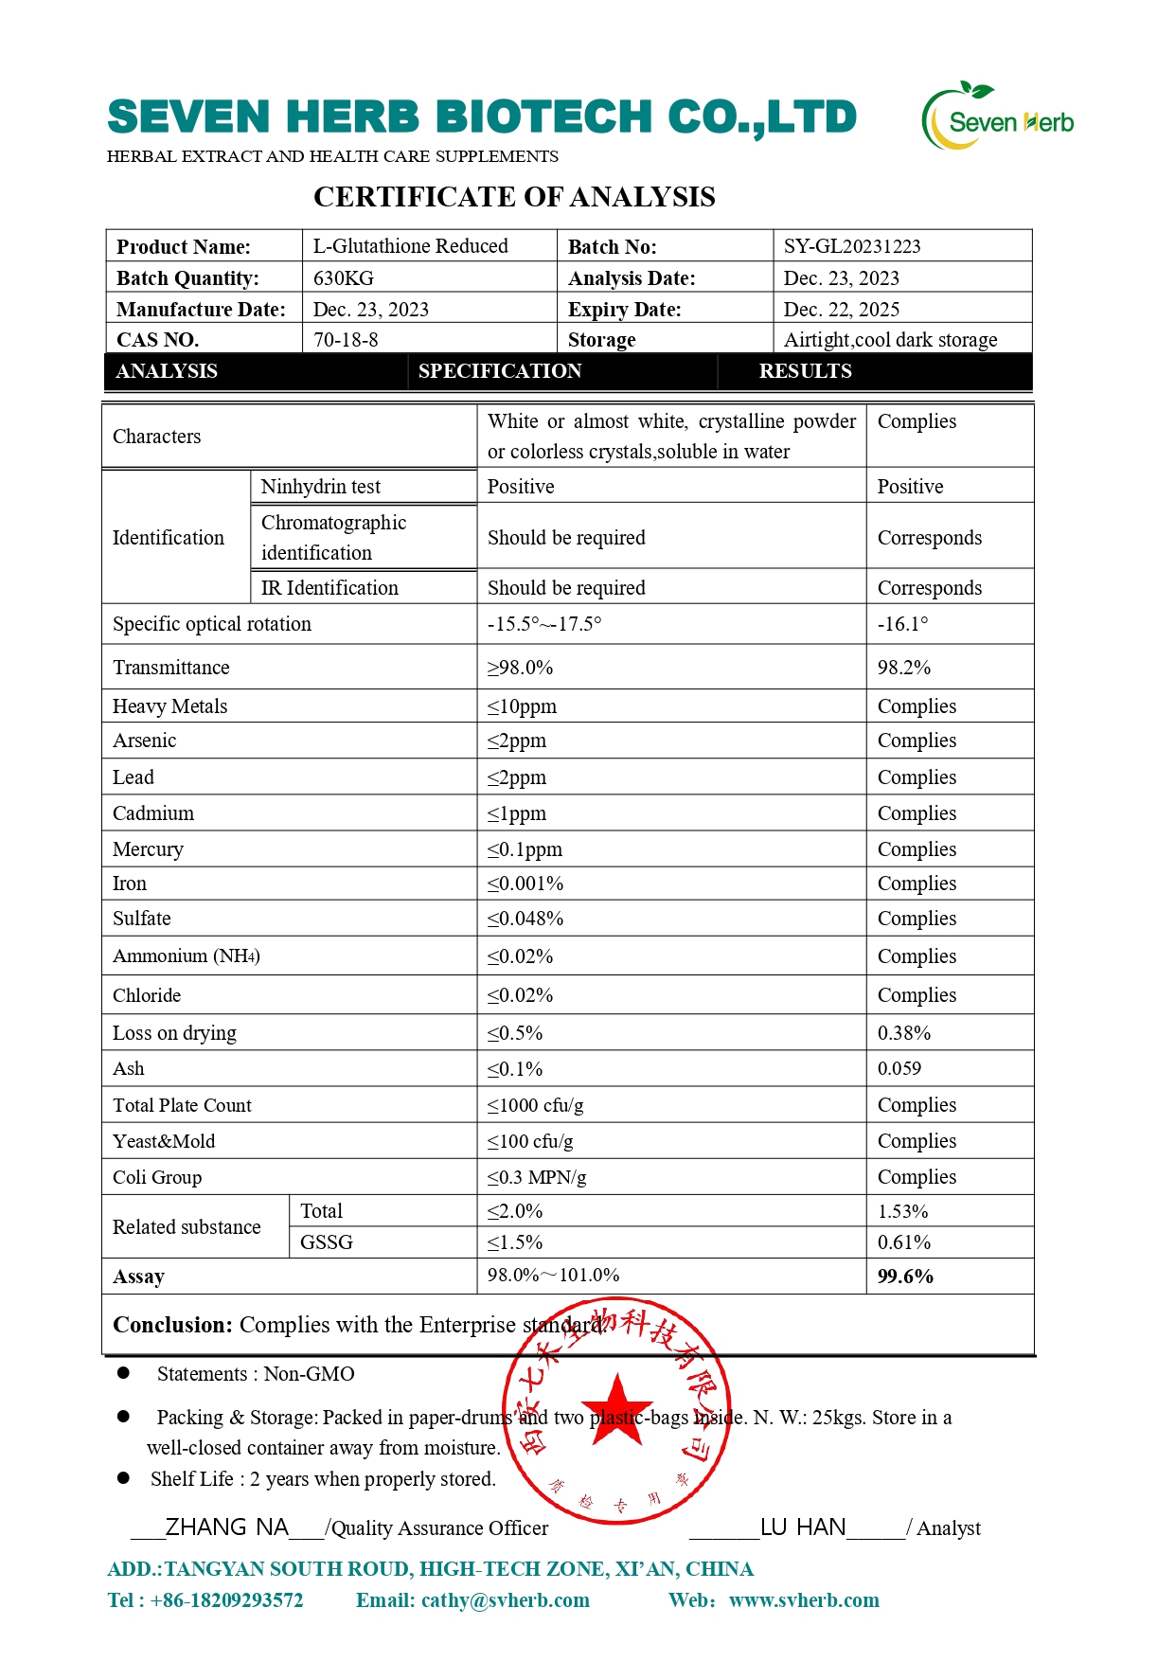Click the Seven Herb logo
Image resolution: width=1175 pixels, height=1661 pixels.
click(x=998, y=117)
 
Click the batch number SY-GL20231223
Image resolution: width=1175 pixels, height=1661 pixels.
click(x=852, y=246)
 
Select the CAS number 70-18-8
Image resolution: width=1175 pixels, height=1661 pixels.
click(x=346, y=340)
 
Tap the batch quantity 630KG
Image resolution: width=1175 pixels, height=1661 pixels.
click(x=344, y=278)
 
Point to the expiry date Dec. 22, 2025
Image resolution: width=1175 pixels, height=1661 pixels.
click(x=842, y=310)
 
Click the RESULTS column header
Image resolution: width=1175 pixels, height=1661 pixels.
click(x=805, y=371)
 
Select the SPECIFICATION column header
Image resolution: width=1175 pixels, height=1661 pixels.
click(x=500, y=371)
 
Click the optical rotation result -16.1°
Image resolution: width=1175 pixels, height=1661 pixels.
click(x=902, y=624)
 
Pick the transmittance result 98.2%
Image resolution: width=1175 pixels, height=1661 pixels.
click(x=904, y=668)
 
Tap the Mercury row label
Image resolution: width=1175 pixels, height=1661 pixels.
click(x=149, y=849)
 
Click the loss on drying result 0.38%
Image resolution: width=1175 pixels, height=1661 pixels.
click(x=904, y=1033)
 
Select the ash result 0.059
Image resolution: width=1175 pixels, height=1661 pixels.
click(x=899, y=1069)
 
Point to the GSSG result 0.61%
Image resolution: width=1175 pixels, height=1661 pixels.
click(x=904, y=1242)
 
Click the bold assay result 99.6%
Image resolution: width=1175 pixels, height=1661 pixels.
click(x=905, y=1277)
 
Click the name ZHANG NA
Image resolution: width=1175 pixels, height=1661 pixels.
click(x=227, y=1527)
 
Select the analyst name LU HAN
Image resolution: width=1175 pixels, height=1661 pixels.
click(x=803, y=1527)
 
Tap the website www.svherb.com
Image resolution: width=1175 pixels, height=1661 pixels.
click(x=804, y=1600)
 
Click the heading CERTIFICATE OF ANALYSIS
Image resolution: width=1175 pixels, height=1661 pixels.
click(x=514, y=197)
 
